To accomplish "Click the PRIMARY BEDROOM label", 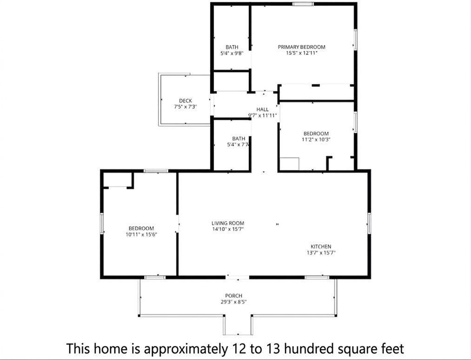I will click(x=301, y=47).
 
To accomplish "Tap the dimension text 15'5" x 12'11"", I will click(x=301, y=53).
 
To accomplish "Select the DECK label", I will click(x=186, y=101).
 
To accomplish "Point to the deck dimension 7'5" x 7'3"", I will click(x=186, y=107).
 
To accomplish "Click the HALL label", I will click(x=262, y=110).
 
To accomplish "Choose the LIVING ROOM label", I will click(x=228, y=223).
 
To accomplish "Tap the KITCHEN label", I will click(x=321, y=247).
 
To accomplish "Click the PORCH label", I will click(x=233, y=296).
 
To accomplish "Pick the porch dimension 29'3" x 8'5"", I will click(x=233, y=302).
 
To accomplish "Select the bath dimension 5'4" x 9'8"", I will click(x=232, y=53).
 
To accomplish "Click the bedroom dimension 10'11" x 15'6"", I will click(x=141, y=235).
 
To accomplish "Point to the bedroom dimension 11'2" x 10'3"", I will click(x=316, y=139).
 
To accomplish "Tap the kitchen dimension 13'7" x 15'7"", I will click(x=321, y=253).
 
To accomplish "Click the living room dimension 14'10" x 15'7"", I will click(x=228, y=229).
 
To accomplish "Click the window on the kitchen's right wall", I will click(x=370, y=223).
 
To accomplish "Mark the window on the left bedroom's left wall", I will click(x=102, y=223).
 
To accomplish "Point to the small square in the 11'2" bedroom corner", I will click(x=289, y=164).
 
